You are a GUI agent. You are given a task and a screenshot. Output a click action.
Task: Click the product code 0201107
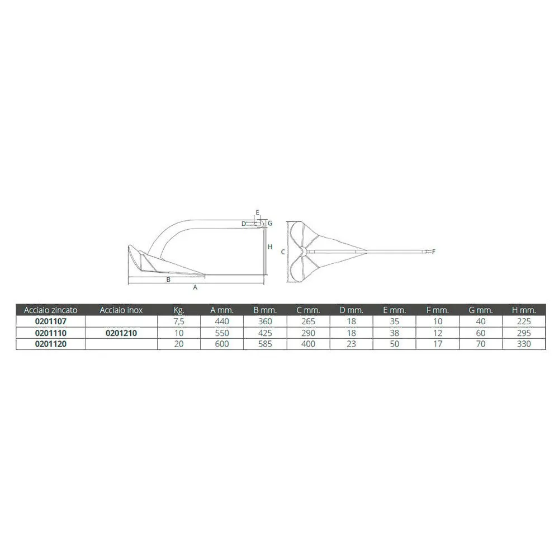(51, 321)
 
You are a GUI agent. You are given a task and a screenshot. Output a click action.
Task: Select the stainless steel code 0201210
(121, 333)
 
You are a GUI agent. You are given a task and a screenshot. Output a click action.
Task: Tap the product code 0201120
(51, 344)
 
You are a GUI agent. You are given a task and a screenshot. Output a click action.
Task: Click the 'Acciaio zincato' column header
(51, 310)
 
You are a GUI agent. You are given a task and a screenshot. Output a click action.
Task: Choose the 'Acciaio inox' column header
(121, 310)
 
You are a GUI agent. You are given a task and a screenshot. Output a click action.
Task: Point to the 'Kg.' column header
(179, 310)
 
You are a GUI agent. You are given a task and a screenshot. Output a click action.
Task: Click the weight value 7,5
(179, 321)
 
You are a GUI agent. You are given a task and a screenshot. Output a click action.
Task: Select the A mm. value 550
(222, 333)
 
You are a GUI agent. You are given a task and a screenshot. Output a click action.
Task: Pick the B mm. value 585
(265, 344)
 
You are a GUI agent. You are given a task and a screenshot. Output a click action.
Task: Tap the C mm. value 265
(308, 321)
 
